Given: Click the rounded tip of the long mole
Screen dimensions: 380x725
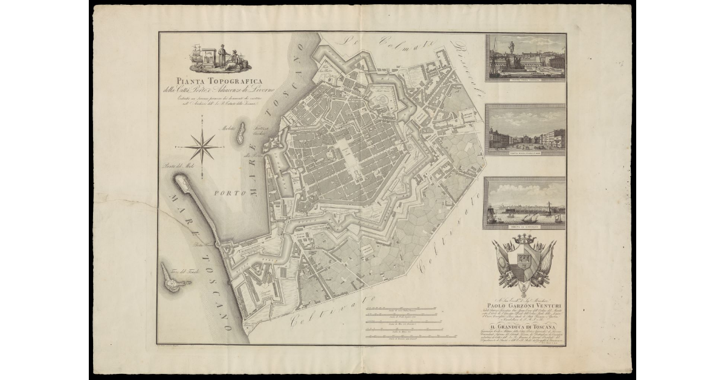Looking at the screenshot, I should click(179, 180).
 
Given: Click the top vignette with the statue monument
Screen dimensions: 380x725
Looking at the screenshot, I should click(525, 57).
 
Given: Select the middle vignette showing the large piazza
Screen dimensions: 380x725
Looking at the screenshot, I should click(525, 129).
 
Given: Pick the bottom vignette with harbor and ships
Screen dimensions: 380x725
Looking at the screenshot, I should click(524, 203).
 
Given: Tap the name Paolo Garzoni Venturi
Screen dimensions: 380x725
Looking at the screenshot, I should click(524, 304).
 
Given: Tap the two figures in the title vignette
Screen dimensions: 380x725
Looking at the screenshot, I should click(227, 57).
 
